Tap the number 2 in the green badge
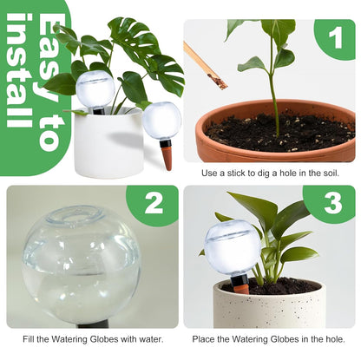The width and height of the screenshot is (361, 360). point(153,204)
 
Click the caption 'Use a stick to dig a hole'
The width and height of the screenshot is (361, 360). point(270,173)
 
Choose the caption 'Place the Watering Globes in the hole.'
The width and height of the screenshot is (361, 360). point(270,339)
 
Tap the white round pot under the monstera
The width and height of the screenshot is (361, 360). point(108,146)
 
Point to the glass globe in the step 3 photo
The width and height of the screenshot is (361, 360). point(233,247)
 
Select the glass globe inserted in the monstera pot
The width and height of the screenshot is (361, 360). point(95,89)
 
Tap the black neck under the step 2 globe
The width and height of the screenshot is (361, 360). point(90,323)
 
